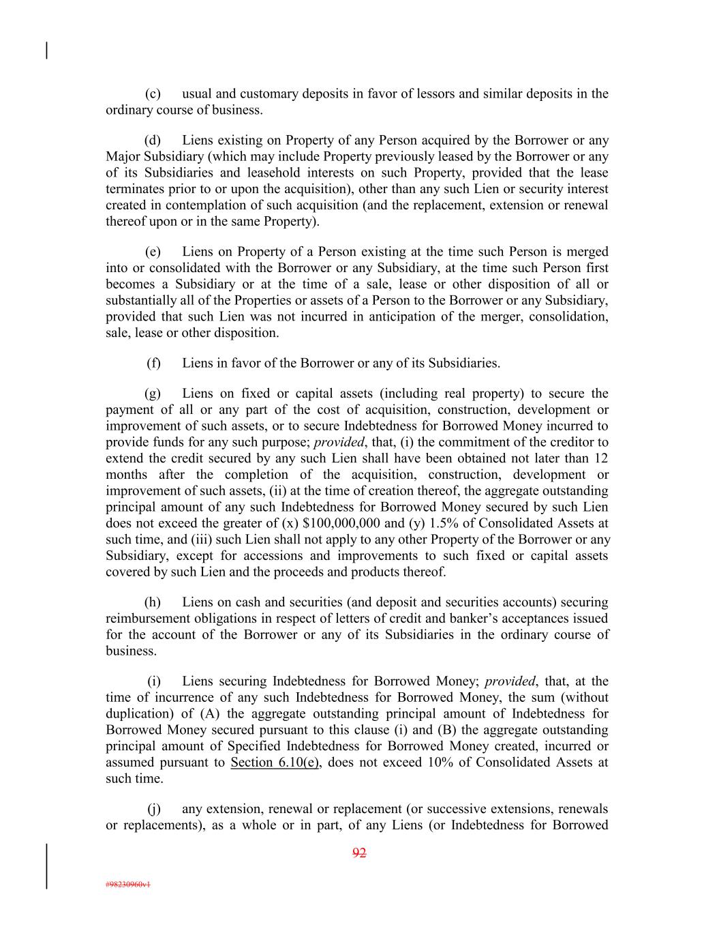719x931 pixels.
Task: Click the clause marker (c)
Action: [x=153, y=93]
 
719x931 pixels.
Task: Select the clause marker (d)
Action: [x=153, y=141]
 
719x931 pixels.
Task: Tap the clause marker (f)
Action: [x=154, y=363]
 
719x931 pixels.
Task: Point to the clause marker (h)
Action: [x=153, y=602]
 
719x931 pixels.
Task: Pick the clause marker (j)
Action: [x=154, y=809]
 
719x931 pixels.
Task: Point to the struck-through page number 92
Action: [x=359, y=853]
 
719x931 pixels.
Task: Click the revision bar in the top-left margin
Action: [x=46, y=51]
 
